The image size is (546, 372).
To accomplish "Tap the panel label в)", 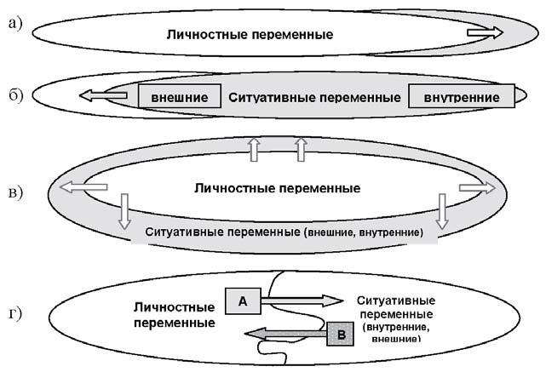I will (14, 192).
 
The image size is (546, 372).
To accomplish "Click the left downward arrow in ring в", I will (124, 210).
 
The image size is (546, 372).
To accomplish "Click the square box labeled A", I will (243, 300).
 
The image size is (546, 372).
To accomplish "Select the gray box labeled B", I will (341, 335).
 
